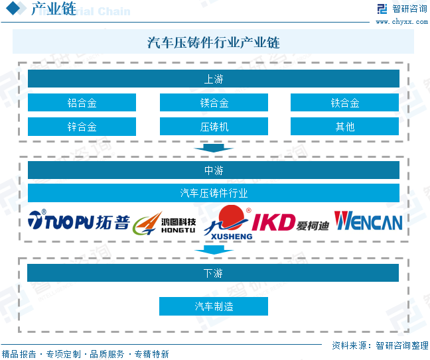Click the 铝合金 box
pyautogui.click(x=82, y=103)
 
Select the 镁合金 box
pyautogui.click(x=214, y=103)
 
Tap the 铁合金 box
pyautogui.click(x=345, y=103)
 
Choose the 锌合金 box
pyautogui.click(x=82, y=127)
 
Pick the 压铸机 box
pyautogui.click(x=214, y=127)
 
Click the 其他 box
pyautogui.click(x=345, y=127)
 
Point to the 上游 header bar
pyautogui.click(x=214, y=79)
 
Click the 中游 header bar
pyautogui.click(x=214, y=170)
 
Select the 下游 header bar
pyautogui.click(x=214, y=272)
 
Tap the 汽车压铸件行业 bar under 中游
pyautogui.click(x=214, y=193)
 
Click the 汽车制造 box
pyautogui.click(x=214, y=306)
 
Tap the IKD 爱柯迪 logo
pyautogui.click(x=290, y=222)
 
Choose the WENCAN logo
pyautogui.click(x=368, y=221)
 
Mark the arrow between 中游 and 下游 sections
pyautogui.click(x=214, y=250)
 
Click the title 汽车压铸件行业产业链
pyautogui.click(x=214, y=43)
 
